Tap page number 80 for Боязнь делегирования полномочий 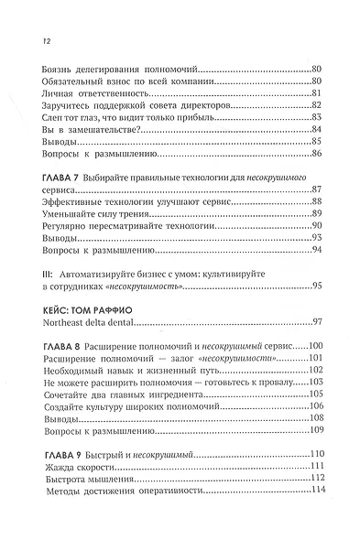click(x=318, y=70)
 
